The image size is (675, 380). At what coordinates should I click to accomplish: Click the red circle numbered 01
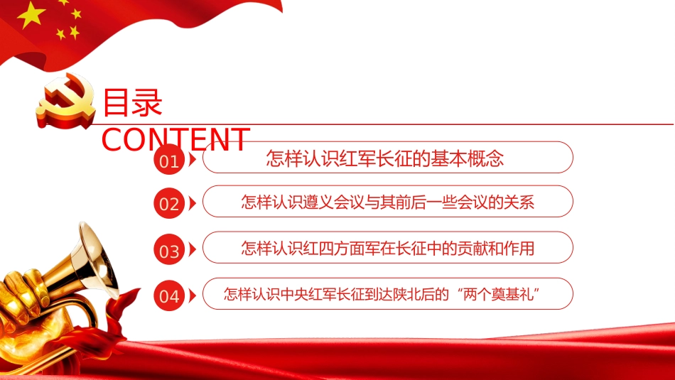169,161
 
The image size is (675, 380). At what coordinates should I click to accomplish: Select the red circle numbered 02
169,205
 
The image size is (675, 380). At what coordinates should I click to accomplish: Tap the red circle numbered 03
169,251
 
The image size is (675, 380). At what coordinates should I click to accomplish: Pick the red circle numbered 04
169,295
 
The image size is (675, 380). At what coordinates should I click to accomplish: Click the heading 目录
133,102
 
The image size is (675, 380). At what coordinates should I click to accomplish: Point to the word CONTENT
175,139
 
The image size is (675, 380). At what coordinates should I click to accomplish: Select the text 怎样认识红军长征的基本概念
384,158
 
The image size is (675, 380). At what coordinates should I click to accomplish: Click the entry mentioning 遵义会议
387,202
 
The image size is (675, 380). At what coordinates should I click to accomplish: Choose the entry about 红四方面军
387,248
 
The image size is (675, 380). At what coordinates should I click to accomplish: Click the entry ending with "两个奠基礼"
387,293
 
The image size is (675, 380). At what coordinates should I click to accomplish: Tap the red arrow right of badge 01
193,160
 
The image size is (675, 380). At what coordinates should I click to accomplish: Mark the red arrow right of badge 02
193,204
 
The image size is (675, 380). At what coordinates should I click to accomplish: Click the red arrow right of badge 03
193,250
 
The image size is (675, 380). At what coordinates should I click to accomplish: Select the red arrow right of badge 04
193,295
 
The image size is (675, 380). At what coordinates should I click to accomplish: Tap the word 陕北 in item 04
406,293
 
